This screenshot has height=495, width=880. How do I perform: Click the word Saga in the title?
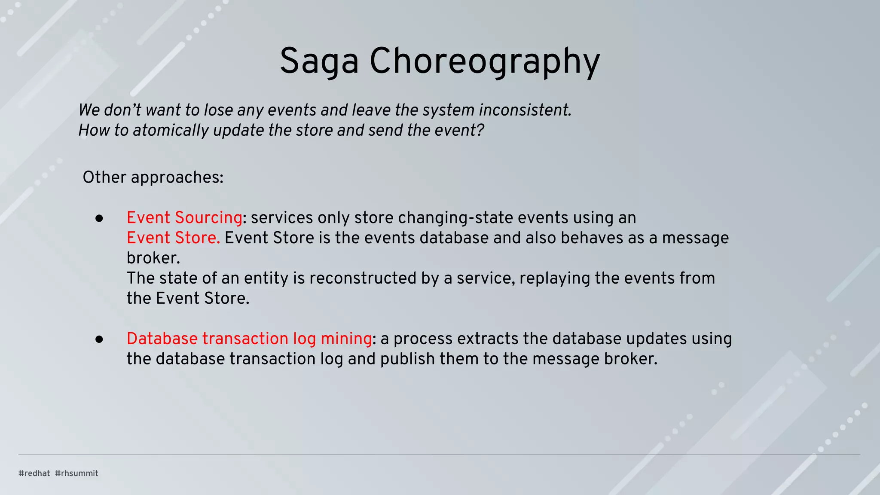[319, 61]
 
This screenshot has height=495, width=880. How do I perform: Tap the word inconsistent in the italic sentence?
[525, 110]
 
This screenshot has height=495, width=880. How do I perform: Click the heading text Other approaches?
[153, 177]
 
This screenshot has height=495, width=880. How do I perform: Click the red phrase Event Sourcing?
[184, 217]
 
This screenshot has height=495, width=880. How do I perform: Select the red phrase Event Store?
[173, 238]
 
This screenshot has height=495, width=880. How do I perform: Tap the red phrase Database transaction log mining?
[249, 339]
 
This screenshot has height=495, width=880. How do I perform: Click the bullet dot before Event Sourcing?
[99, 219]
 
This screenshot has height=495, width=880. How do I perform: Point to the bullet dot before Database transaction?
[99, 339]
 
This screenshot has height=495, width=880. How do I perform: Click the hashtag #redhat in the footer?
[34, 473]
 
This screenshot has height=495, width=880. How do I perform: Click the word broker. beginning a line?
[153, 258]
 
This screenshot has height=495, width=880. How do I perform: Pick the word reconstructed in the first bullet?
[363, 278]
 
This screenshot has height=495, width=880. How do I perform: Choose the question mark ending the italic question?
[480, 130]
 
